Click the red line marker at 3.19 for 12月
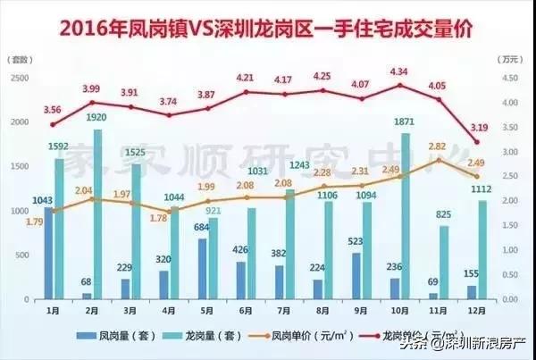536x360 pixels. pos(477,142)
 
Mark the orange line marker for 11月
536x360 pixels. pos(439,160)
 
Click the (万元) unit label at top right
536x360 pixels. pos(510,61)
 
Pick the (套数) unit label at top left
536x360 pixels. pos(21,61)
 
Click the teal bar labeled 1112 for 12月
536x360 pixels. pos(482,250)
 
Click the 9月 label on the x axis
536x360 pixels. pos(361,309)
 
